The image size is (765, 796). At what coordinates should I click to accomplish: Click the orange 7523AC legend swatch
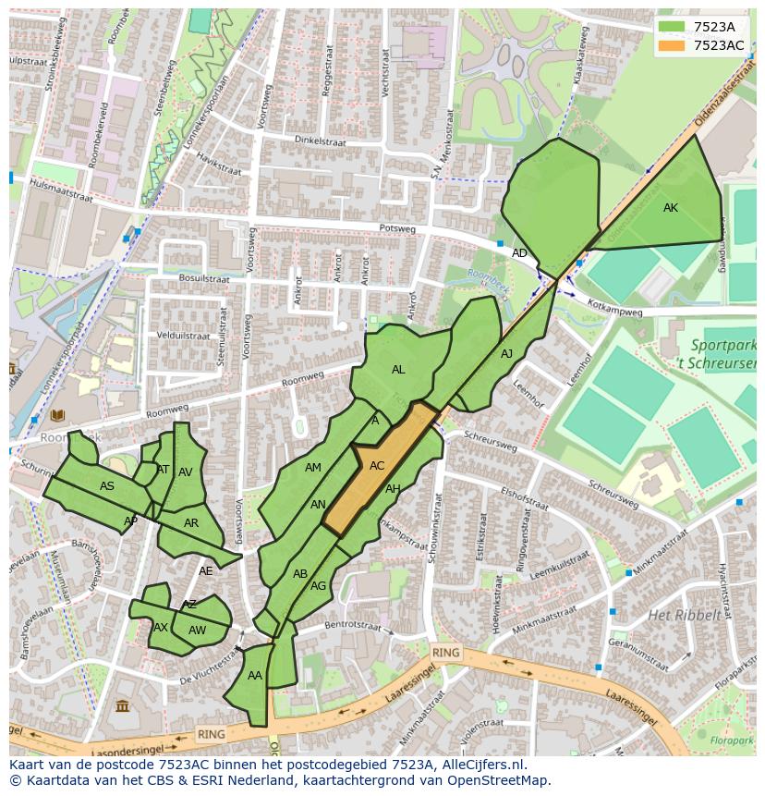point(674,45)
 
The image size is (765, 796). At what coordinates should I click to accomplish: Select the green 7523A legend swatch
point(674,27)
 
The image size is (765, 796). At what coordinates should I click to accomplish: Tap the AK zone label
point(671,208)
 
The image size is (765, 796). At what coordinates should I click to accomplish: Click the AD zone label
point(520,253)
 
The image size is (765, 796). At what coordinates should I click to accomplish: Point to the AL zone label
point(398,370)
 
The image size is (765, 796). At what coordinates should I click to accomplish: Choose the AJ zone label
point(506,354)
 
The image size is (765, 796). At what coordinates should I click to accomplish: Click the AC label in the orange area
point(377,466)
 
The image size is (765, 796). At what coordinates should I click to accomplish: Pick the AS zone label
point(107,486)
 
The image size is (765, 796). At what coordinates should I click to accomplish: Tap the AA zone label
point(255,676)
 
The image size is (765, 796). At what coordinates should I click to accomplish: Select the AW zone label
point(197,631)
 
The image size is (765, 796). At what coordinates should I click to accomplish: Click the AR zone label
point(191,523)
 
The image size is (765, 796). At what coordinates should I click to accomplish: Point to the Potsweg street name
point(398,228)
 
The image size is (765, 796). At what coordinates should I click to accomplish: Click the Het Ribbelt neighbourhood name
point(684,615)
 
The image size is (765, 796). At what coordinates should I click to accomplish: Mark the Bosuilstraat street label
point(204,278)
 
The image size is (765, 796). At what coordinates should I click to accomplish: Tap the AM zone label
point(313,468)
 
